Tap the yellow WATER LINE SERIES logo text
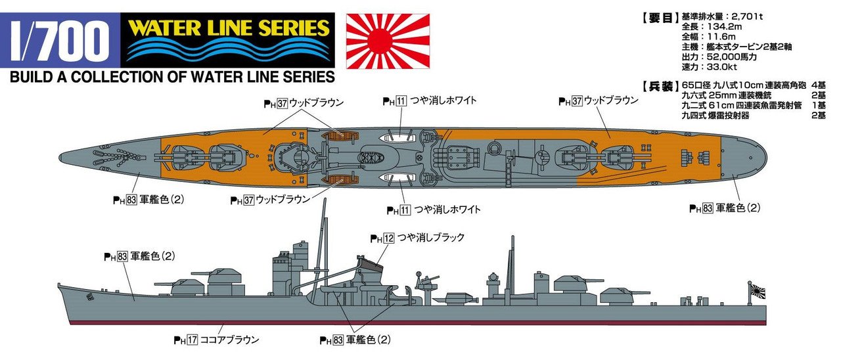click(229, 27)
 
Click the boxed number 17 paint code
click(193, 340)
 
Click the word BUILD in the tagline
click(30, 77)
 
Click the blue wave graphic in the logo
click(229, 51)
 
